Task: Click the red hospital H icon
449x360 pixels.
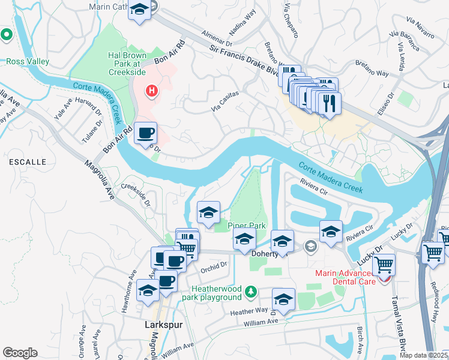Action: tap(152, 91)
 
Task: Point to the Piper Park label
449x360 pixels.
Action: tap(247, 226)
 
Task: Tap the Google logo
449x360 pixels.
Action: tap(20, 353)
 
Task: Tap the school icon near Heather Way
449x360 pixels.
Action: tap(284, 299)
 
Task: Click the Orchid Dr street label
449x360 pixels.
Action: tap(213, 264)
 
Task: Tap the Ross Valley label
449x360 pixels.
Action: tap(28, 61)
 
